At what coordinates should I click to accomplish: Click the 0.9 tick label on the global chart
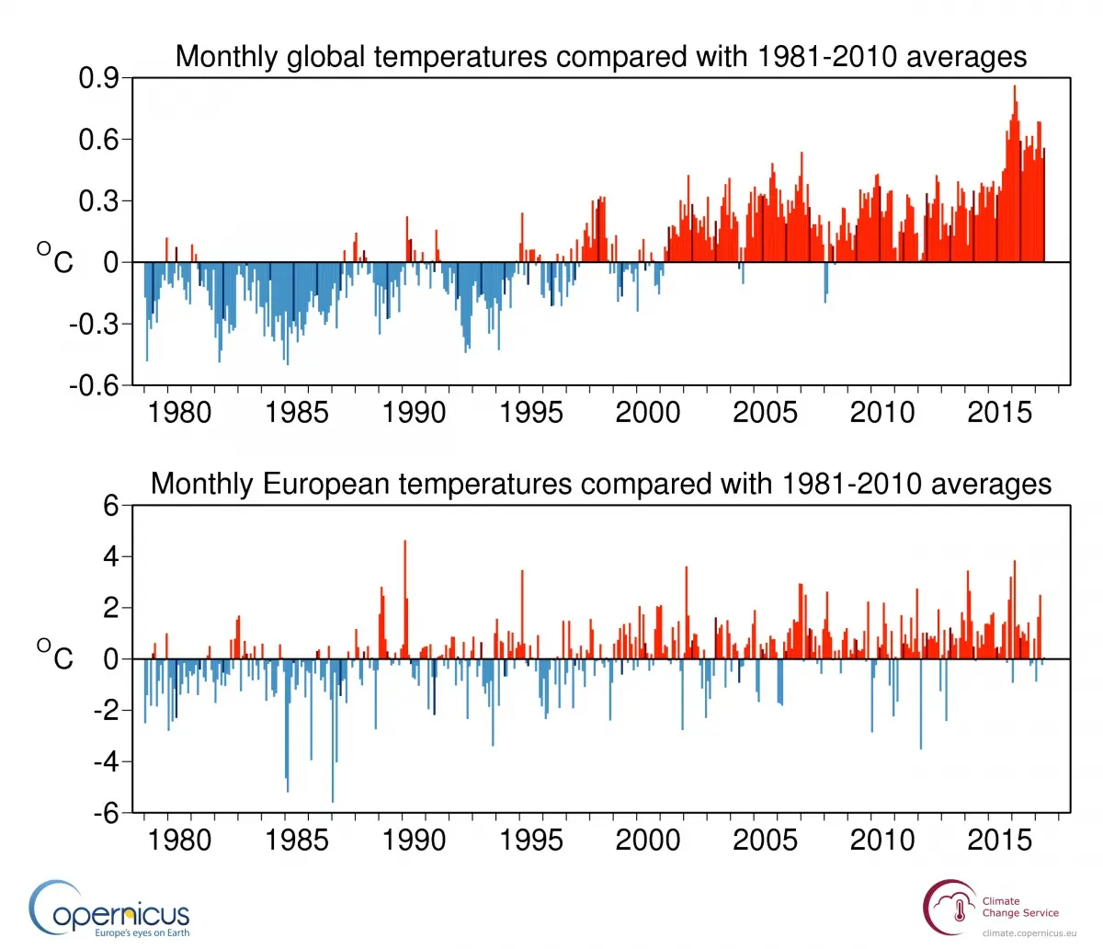pyautogui.click(x=98, y=79)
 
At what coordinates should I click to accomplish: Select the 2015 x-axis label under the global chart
pyautogui.click(x=999, y=412)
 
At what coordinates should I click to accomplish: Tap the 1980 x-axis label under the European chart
pyautogui.click(x=179, y=840)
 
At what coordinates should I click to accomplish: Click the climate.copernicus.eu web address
pyautogui.click(x=1022, y=933)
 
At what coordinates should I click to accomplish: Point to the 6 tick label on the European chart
pyautogui.click(x=111, y=506)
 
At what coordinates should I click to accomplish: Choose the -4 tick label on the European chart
pyautogui.click(x=107, y=762)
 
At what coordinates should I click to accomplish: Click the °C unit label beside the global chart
pyautogui.click(x=55, y=260)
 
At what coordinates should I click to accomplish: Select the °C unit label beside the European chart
pyautogui.click(x=55, y=657)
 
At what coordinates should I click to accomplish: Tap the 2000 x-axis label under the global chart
pyautogui.click(x=648, y=412)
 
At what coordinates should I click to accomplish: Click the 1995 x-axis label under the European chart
pyautogui.click(x=531, y=840)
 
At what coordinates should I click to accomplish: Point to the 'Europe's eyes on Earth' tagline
pyautogui.click(x=142, y=933)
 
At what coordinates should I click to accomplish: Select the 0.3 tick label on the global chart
pyautogui.click(x=98, y=201)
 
